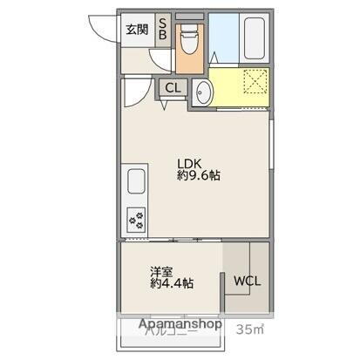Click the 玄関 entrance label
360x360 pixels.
click(136, 31)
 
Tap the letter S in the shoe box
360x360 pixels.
click(162, 24)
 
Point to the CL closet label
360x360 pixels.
click(172, 87)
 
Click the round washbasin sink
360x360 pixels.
click(202, 92)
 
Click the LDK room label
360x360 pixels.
click(190, 161)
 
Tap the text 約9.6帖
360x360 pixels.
click(199, 175)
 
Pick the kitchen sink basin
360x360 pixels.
click(138, 182)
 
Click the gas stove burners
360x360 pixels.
click(137, 216)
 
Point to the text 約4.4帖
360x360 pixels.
click(171, 283)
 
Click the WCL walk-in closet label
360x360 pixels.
click(247, 281)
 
